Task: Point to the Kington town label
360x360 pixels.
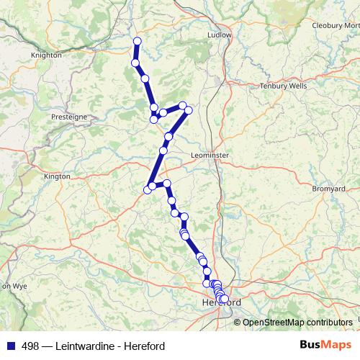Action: [x=58, y=176]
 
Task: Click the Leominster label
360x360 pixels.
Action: [x=210, y=155]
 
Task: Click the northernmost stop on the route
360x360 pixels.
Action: [x=137, y=41]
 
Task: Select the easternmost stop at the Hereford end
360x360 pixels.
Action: [x=224, y=299]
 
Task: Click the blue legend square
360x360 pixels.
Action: [x=10, y=346]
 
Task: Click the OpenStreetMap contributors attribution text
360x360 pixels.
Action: [x=297, y=322]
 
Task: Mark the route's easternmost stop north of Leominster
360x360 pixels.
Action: [x=189, y=111]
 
